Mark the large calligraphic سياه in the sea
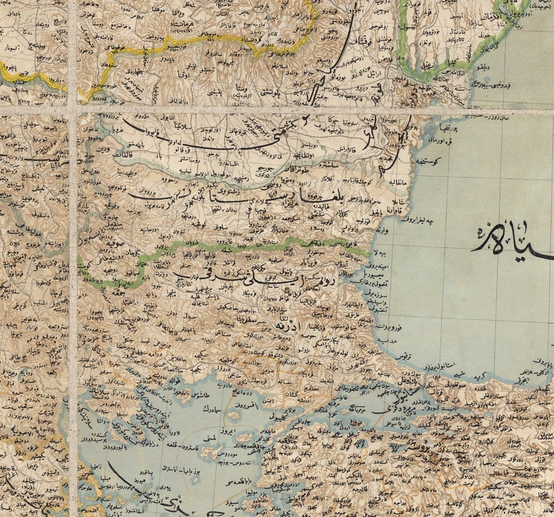point(513,241)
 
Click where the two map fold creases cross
point(73,110)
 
